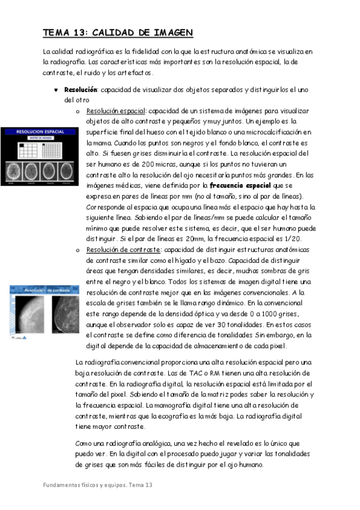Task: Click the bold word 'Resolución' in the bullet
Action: pyautogui.click(x=81, y=90)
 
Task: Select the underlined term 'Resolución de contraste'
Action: pyautogui.click(x=123, y=250)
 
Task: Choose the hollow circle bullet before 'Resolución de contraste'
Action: pyautogui.click(x=78, y=250)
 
